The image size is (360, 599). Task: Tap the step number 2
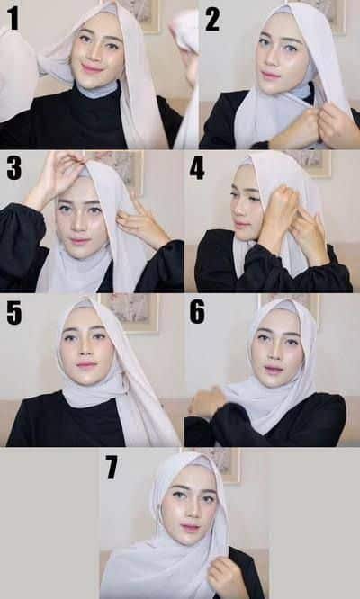tap(211, 18)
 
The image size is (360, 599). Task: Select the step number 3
tap(13, 168)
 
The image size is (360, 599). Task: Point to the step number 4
tap(197, 168)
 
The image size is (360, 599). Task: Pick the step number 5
tap(14, 312)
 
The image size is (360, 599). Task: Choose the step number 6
tap(197, 312)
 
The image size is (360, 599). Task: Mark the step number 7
tap(112, 467)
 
